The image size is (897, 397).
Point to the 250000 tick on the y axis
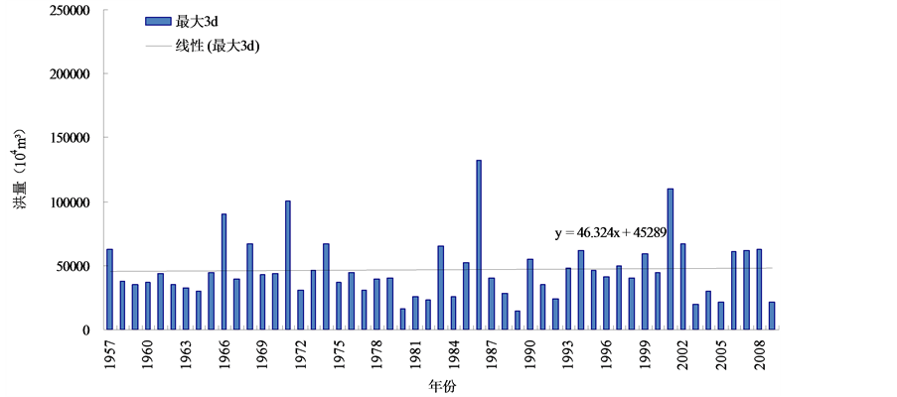pyautogui.click(x=63, y=11)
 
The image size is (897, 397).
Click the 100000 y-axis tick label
pyautogui.click(x=63, y=202)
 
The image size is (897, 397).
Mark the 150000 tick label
pyautogui.click(x=63, y=139)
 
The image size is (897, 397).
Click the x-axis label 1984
pyautogui.click(x=453, y=353)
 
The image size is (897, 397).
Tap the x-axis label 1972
pyautogui.click(x=300, y=353)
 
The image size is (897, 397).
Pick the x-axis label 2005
pyautogui.click(x=721, y=353)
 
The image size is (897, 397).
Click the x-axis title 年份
pyautogui.click(x=443, y=386)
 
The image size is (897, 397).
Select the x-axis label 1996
pyautogui.click(x=606, y=353)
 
